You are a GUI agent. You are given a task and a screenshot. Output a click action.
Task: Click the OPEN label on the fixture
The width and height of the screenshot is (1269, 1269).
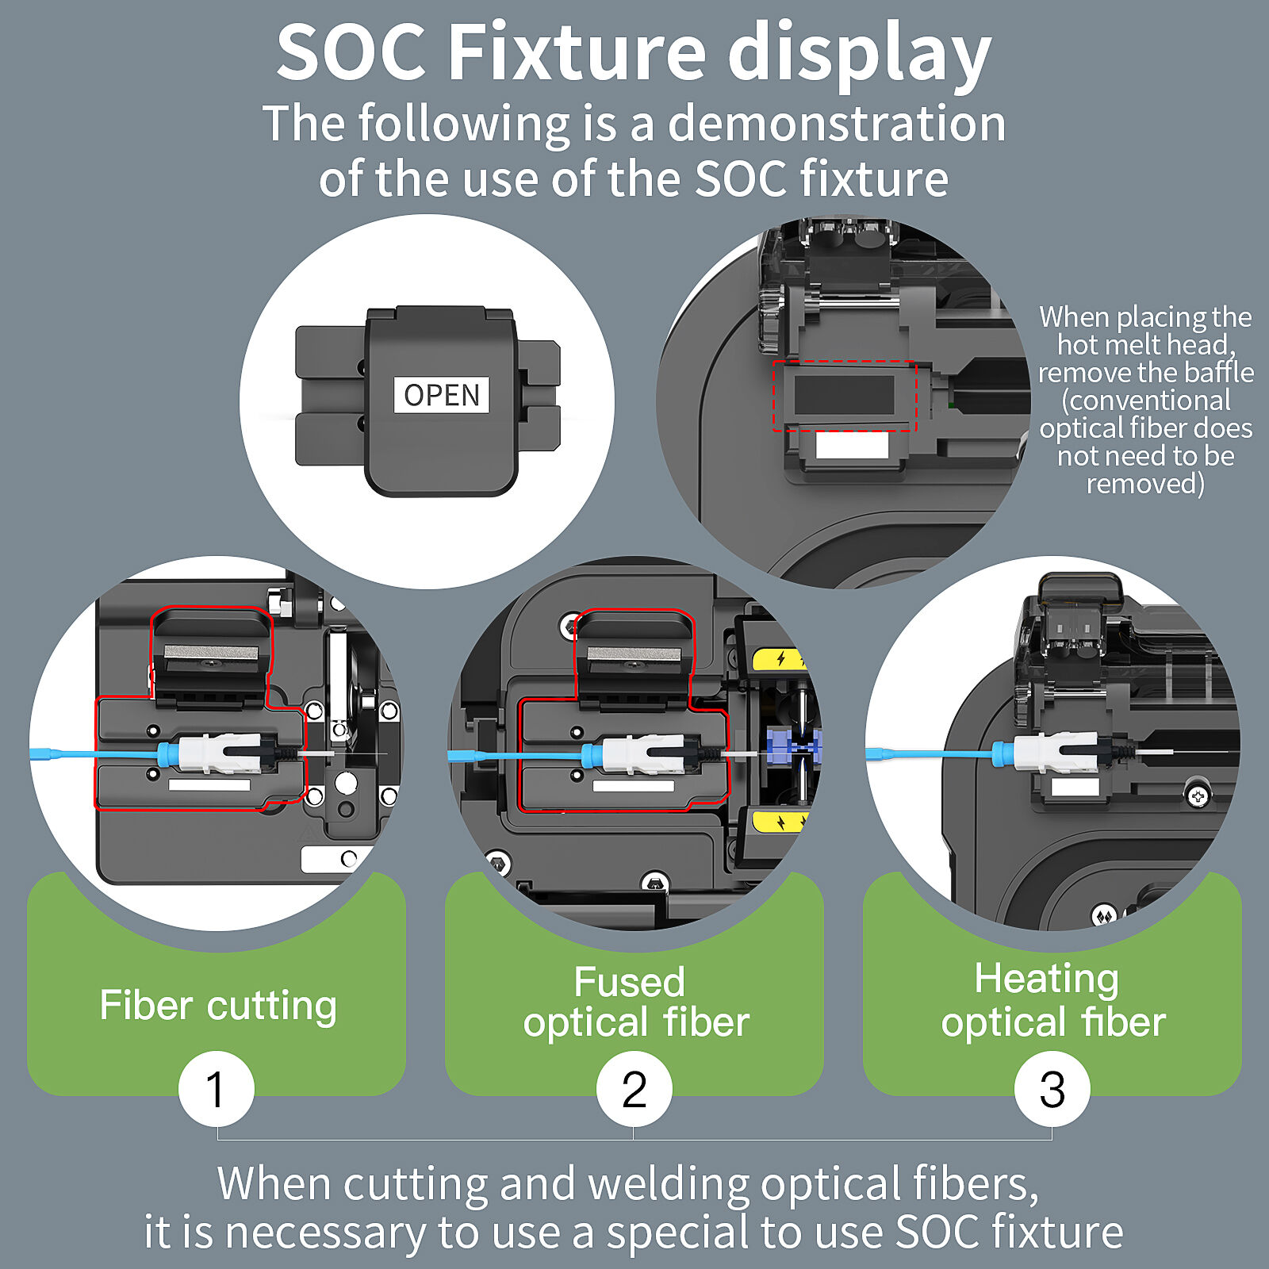442,394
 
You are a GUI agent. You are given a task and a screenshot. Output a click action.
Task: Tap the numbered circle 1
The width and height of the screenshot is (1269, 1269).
216,1089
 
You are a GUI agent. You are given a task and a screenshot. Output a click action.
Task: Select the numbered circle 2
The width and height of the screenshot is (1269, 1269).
634,1089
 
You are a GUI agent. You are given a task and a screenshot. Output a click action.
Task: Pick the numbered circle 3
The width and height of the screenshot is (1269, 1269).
1052,1089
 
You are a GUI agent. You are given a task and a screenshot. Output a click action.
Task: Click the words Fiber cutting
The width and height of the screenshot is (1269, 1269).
218,1006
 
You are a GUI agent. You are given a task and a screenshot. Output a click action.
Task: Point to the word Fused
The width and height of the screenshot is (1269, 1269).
629,982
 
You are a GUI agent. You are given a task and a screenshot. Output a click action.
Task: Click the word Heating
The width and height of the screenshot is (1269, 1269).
1046,979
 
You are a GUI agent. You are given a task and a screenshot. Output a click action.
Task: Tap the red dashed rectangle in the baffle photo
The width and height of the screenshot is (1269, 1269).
845,396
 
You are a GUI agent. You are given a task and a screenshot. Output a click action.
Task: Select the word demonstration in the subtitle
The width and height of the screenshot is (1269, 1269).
837,124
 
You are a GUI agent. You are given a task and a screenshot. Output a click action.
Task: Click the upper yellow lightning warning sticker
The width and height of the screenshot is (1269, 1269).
780,659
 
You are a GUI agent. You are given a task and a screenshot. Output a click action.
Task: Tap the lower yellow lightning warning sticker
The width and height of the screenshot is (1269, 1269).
780,822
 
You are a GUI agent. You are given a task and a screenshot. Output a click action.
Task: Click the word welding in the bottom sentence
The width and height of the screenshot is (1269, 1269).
668,1184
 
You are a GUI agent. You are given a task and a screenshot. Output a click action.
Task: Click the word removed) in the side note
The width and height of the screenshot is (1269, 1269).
1145,483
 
